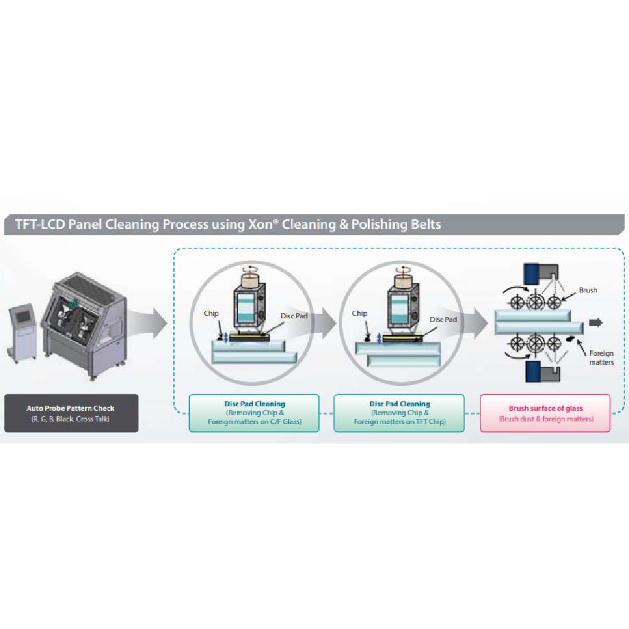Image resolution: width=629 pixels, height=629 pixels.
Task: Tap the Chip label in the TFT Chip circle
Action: click(360, 313)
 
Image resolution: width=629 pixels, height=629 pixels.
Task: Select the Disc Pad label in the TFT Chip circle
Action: click(442, 319)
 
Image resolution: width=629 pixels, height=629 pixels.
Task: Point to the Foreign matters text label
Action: click(601, 357)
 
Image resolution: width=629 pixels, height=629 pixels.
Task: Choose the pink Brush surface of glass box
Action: click(545, 413)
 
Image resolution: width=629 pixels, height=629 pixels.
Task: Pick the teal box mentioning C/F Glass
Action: click(254, 413)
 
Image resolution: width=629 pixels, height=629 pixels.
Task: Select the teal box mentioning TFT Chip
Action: click(399, 413)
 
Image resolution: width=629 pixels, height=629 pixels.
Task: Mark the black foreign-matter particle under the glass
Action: click(571, 340)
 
